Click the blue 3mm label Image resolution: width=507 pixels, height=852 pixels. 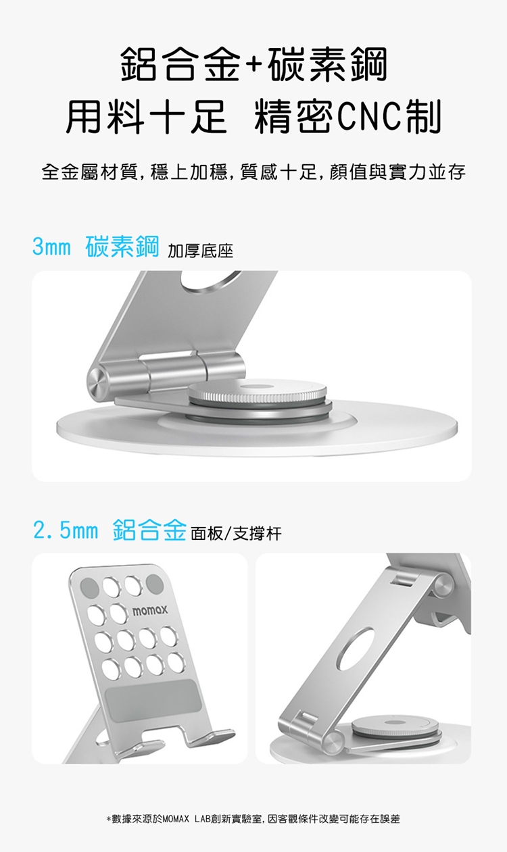pos(52,247)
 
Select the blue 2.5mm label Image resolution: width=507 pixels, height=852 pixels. pos(66,530)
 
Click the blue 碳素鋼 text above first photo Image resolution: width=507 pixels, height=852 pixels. pos(122,247)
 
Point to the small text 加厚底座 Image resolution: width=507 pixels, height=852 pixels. pos(200,251)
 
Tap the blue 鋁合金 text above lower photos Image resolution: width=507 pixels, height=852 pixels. pos(149,530)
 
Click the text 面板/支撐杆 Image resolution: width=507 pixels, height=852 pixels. pos(236,534)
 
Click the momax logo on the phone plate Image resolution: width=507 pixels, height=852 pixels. pos(149,611)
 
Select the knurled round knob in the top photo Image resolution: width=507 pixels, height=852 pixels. pos(258,393)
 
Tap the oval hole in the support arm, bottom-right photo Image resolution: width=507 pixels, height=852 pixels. pos(356,649)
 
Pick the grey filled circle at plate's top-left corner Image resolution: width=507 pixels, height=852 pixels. pos(89,586)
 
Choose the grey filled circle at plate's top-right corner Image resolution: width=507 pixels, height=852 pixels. pos(155,584)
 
